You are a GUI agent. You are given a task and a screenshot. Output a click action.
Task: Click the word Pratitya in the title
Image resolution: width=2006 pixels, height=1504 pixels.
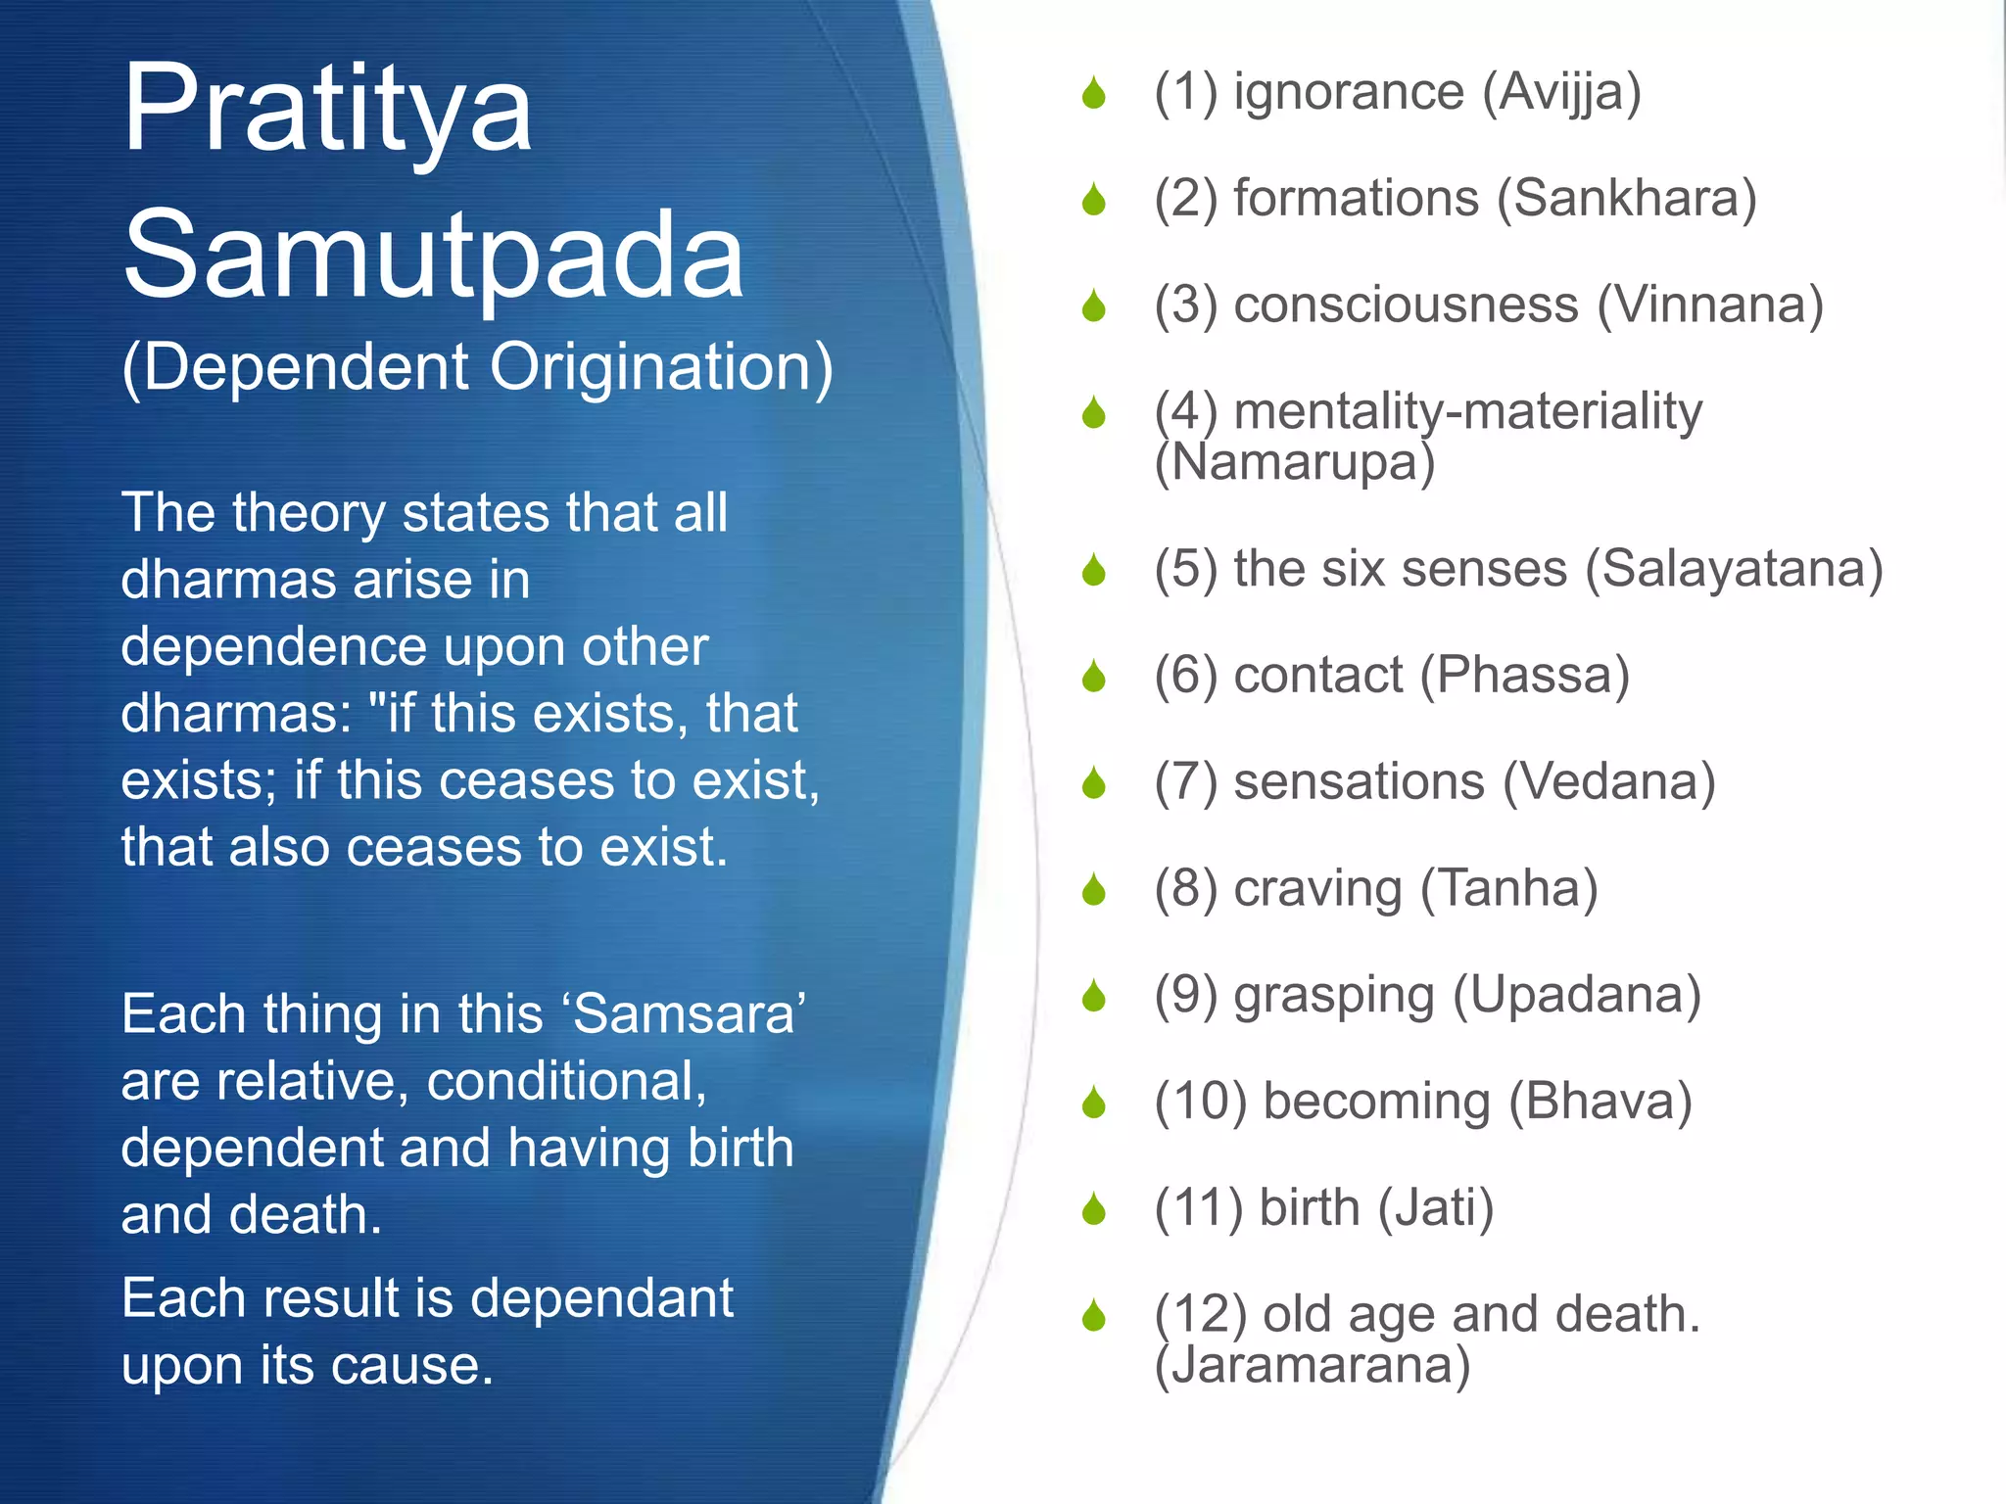coord(327,110)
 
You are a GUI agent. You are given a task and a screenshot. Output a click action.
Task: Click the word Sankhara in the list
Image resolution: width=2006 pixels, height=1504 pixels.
coord(1627,199)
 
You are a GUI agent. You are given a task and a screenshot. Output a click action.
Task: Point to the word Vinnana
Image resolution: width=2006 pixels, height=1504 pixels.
coord(1710,305)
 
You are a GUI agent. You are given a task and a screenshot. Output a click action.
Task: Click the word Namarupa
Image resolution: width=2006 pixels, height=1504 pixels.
coord(1294,462)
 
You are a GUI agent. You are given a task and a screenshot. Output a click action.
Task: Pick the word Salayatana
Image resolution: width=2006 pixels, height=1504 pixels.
coord(1734,570)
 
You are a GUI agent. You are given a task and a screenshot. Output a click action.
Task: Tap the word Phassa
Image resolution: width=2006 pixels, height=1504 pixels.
coord(1524,676)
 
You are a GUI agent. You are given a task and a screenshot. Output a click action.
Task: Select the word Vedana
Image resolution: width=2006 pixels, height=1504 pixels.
coord(1608,782)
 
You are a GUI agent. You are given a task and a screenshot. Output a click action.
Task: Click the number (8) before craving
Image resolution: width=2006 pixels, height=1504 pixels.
coord(1186,889)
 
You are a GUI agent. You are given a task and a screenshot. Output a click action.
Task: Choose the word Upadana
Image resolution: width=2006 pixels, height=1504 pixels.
coord(1577,996)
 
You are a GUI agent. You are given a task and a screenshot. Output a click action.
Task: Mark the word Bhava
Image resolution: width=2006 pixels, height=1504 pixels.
coord(1600,1102)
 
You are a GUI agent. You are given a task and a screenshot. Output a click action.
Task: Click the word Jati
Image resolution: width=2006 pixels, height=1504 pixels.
coord(1435,1208)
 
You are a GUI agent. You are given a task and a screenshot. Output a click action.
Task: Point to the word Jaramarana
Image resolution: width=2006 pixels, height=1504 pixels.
coord(1313,1365)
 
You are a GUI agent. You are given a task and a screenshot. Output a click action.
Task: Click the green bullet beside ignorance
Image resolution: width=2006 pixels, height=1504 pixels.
coord(1094,94)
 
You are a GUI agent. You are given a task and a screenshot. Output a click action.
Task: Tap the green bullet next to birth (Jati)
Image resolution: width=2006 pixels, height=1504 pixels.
coord(1094,1210)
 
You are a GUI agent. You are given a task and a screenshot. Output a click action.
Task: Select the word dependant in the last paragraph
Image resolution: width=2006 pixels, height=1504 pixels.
coord(601,1299)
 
